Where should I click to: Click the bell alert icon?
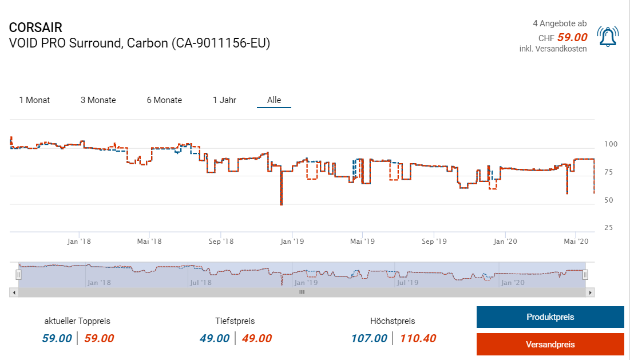607,37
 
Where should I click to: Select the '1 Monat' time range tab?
34,100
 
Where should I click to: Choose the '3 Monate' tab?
98,100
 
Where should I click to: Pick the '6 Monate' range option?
164,100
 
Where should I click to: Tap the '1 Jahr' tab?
224,100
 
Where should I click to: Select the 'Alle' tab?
274,100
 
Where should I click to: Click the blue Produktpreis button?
550,317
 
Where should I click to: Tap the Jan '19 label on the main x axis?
292,242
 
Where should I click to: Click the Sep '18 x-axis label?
221,242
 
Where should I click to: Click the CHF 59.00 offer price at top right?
572,38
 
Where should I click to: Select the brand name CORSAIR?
35,27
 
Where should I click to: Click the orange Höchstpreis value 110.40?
418,339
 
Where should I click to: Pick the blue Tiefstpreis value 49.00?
215,339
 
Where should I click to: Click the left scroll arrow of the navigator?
14,292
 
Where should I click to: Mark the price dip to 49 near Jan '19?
281,203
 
